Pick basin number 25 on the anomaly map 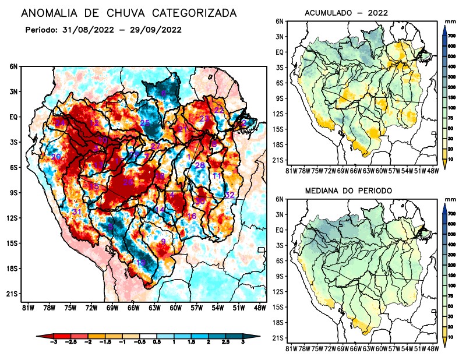145,123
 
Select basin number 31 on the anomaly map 76,211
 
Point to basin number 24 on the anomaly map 59,123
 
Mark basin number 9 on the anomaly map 163,241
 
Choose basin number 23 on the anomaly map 204,119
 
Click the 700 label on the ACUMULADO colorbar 451,36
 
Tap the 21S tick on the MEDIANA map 278,338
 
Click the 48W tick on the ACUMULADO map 432,171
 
